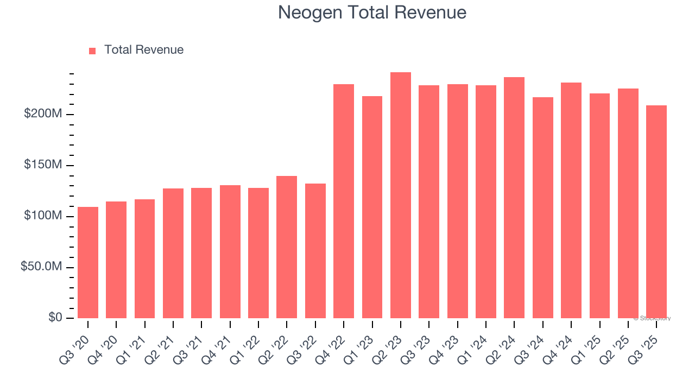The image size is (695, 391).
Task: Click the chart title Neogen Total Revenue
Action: click(372, 12)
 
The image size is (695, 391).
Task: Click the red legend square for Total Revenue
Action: click(92, 51)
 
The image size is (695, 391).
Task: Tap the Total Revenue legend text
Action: click(144, 50)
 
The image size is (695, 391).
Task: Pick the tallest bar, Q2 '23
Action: click(401, 195)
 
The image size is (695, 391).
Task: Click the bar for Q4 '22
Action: click(344, 201)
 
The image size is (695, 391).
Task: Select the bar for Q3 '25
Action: click(656, 212)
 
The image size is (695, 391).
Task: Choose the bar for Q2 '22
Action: click(287, 247)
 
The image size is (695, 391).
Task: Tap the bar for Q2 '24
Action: click(514, 198)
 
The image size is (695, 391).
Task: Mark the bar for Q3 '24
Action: click(543, 207)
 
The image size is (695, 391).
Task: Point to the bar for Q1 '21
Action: click(144, 258)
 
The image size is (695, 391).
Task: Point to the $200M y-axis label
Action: click(42, 114)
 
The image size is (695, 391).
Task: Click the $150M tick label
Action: click(42, 165)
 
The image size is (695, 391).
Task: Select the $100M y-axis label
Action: click(42, 216)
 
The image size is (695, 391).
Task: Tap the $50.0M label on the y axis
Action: click(41, 267)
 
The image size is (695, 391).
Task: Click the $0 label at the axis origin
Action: click(54, 318)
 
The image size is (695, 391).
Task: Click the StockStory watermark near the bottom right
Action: click(652, 319)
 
